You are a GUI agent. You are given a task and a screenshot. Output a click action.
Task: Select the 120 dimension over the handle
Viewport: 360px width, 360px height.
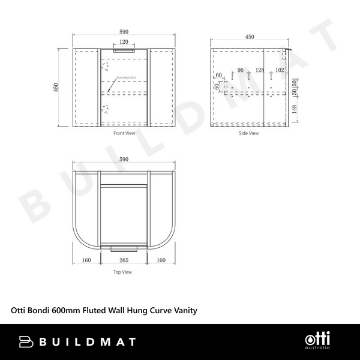pyautogui.click(x=124, y=42)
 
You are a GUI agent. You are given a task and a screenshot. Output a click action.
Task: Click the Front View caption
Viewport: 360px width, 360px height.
pyautogui.click(x=124, y=133)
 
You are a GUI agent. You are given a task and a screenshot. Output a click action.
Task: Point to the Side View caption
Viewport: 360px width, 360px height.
pyautogui.click(x=248, y=133)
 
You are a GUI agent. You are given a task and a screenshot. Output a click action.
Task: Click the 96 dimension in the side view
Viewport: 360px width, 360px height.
pyautogui.click(x=241, y=70)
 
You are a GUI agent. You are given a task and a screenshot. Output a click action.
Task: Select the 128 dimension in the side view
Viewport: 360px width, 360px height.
pyautogui.click(x=259, y=70)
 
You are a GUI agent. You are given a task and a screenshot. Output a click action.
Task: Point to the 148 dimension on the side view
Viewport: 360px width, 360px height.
pyautogui.click(x=294, y=109)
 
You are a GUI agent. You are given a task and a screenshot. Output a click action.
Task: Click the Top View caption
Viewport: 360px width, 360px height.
pyautogui.click(x=122, y=272)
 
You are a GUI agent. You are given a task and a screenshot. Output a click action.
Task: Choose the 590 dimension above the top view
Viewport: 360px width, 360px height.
pyautogui.click(x=124, y=159)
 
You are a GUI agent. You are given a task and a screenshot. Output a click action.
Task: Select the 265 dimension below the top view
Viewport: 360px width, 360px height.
pyautogui.click(x=124, y=260)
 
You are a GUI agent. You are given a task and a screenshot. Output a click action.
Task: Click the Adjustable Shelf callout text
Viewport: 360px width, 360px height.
pyautogui.click(x=124, y=77)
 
